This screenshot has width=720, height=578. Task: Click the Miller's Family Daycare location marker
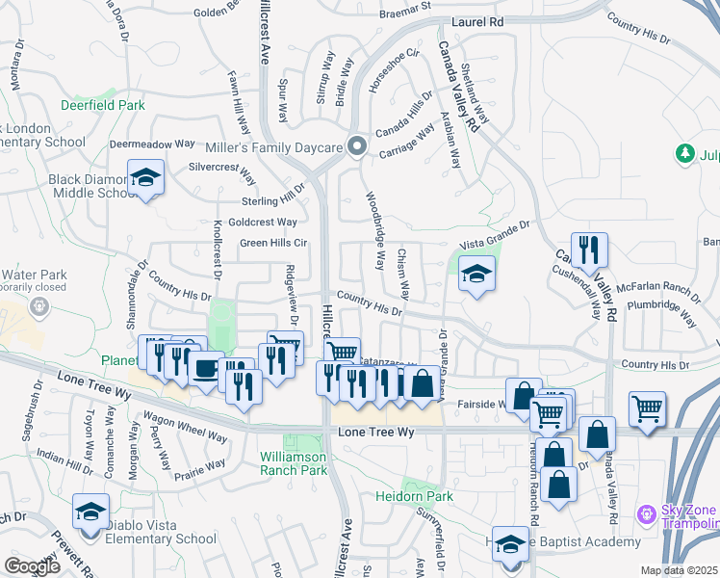(357, 146)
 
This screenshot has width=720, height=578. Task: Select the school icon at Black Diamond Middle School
(145, 177)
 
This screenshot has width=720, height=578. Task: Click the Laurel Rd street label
(479, 20)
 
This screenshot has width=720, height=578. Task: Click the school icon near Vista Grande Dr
(476, 274)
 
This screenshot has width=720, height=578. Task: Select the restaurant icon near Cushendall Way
(589, 249)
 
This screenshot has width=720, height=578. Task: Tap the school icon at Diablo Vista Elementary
(90, 511)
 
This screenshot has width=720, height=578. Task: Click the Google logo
(32, 565)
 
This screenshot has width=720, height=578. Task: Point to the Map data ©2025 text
(679, 570)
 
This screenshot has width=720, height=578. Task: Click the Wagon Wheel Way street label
(185, 428)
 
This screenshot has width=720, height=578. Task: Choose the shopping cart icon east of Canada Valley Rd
(648, 407)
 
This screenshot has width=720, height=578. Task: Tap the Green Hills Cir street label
(272, 243)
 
